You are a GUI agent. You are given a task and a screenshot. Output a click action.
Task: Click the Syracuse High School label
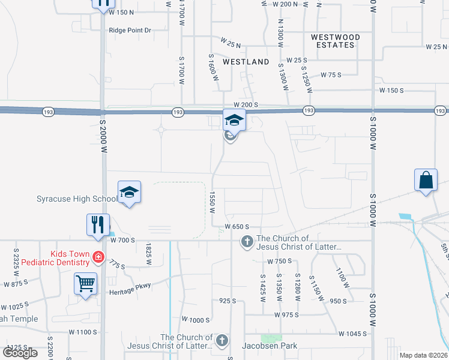(77, 199)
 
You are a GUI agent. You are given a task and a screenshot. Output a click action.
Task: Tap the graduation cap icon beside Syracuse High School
(129, 192)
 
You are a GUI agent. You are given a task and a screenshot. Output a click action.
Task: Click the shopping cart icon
(85, 283)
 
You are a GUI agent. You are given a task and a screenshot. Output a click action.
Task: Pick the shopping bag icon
(426, 179)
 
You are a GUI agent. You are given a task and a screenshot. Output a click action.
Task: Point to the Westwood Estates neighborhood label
(336, 41)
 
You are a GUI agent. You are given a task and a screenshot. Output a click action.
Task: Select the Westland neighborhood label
(246, 62)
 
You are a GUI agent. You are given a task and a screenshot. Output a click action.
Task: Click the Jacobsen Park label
(270, 346)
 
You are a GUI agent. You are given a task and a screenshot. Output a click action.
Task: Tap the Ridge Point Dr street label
(130, 29)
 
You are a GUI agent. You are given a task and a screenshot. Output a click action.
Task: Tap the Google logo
(20, 352)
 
